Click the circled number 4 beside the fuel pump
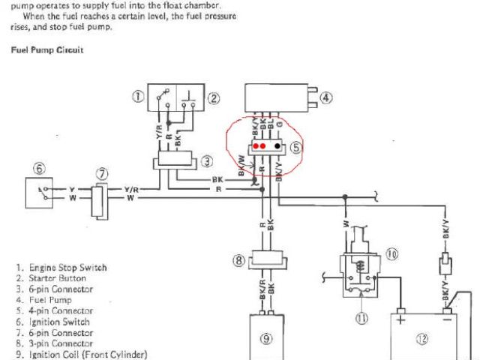[324, 97]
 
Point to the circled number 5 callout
[296, 148]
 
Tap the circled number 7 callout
[102, 174]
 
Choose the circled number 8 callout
[238, 261]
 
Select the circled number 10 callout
[391, 254]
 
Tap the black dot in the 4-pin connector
[277, 145]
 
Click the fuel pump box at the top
[278, 98]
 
